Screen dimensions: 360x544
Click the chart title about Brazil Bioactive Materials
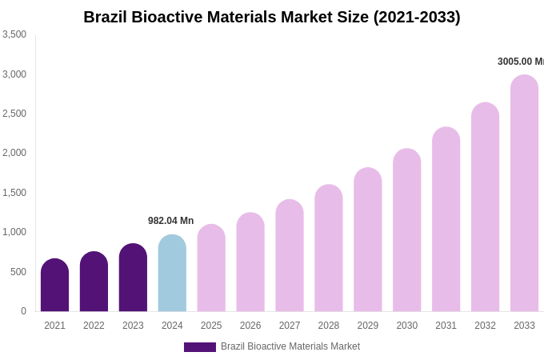click(272, 17)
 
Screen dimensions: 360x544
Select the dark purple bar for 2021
click(54, 286)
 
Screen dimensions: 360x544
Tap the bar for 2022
click(94, 282)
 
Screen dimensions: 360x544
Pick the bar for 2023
click(133, 278)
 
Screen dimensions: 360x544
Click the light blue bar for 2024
click(172, 274)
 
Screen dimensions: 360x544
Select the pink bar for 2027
click(290, 256)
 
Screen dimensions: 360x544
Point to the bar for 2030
click(406, 230)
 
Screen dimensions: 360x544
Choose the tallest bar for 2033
click(524, 194)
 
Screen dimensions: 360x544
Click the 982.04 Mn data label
click(170, 221)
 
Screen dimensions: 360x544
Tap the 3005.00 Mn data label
click(520, 62)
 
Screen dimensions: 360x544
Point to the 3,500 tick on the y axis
click(14, 34)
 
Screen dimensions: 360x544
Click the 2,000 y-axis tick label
click(14, 153)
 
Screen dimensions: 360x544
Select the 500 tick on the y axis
click(18, 272)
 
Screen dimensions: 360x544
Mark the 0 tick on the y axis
click(23, 311)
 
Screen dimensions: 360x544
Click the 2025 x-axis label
click(211, 326)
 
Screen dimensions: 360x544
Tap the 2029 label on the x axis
click(367, 326)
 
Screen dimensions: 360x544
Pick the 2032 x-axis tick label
click(485, 326)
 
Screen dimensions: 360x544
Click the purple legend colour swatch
click(200, 347)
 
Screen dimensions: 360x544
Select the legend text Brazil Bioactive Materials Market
click(290, 346)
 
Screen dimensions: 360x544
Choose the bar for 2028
click(329, 248)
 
